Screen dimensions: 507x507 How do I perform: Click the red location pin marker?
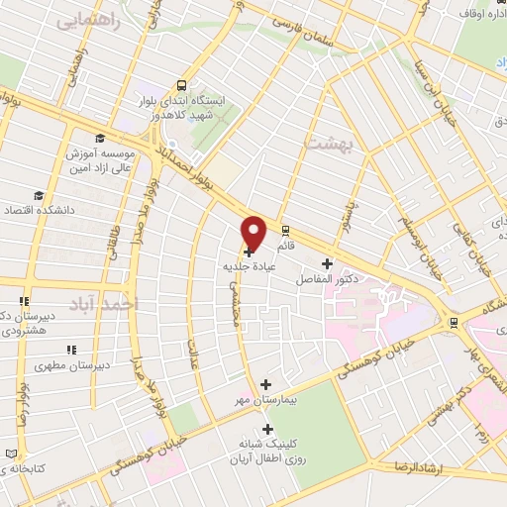pos(253,231)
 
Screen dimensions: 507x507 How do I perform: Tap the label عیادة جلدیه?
pos(247,266)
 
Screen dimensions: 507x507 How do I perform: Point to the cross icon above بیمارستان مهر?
pos(265,383)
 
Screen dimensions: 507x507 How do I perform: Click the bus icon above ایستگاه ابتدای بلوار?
pos(181,86)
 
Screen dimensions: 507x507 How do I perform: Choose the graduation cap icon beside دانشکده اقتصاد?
pos(38,195)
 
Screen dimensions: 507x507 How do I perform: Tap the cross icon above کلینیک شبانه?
pos(266,428)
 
